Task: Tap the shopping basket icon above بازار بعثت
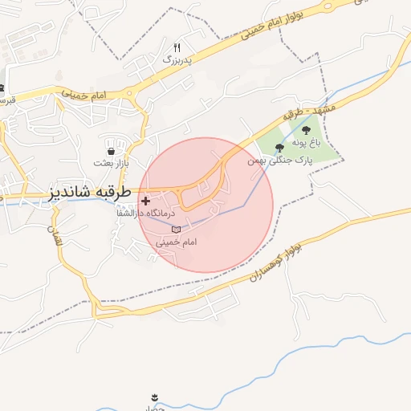tap(110, 150)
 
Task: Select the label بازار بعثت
tap(111, 163)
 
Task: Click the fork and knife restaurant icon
tap(177, 47)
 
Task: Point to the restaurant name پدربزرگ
tap(178, 59)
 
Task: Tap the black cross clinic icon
tap(145, 201)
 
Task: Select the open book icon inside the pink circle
tap(177, 230)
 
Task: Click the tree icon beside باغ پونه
tap(306, 130)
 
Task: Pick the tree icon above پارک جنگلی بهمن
tap(279, 148)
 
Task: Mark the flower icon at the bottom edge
tap(153, 397)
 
